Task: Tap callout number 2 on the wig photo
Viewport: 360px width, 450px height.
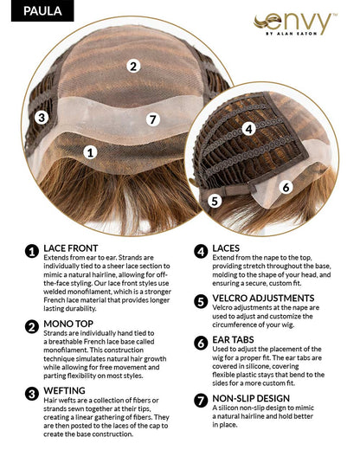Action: [x=132, y=66]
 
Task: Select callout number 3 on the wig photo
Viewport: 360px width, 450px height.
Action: [x=41, y=118]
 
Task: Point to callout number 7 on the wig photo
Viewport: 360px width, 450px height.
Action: [x=152, y=119]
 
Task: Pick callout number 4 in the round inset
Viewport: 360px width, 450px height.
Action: [x=247, y=129]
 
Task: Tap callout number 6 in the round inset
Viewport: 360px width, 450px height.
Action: [x=285, y=186]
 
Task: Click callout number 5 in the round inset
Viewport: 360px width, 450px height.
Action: [x=215, y=200]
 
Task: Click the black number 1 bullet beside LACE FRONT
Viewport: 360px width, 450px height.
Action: [x=32, y=251]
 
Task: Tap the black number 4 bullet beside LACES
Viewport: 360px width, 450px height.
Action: [x=200, y=251]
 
